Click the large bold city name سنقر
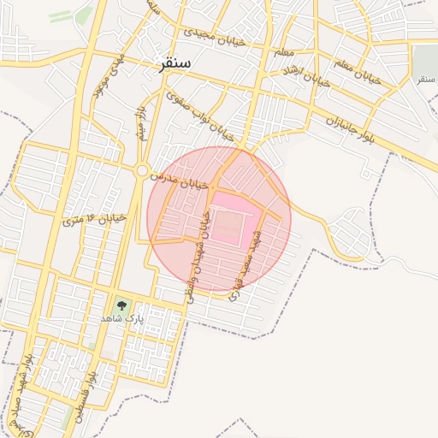click(175, 64)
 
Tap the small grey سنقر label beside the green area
click(425, 80)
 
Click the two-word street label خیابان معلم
click(358, 72)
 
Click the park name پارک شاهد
click(124, 318)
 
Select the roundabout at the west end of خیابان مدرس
click(141, 171)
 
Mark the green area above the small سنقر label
click(424, 60)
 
